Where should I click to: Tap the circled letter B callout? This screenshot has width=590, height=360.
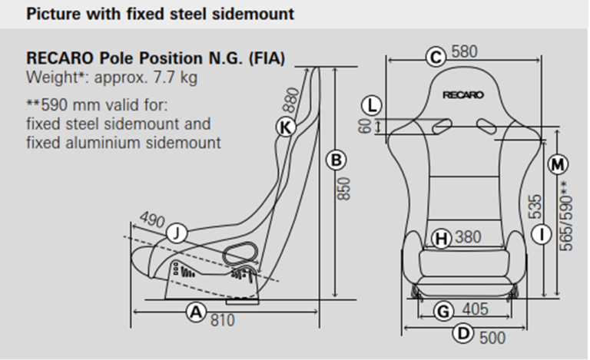pyautogui.click(x=335, y=160)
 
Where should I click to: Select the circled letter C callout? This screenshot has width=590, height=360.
pyautogui.click(x=436, y=57)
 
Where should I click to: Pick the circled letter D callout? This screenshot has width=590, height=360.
pyautogui.click(x=462, y=333)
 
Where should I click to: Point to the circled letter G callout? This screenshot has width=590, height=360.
pyautogui.click(x=442, y=311)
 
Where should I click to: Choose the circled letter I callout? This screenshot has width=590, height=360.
pyautogui.click(x=542, y=234)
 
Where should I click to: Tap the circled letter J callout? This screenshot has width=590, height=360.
pyautogui.click(x=177, y=233)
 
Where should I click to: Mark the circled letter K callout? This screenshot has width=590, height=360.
pyautogui.click(x=286, y=127)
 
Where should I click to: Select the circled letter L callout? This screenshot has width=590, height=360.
pyautogui.click(x=373, y=105)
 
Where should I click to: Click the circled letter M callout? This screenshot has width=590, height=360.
pyautogui.click(x=559, y=163)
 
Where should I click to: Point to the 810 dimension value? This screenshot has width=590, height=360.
pyautogui.click(x=223, y=319)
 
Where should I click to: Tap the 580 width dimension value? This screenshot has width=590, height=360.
pyautogui.click(x=464, y=52)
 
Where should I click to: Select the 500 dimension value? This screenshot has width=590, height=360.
pyautogui.click(x=492, y=337)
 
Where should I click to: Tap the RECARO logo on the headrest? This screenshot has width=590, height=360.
pyautogui.click(x=463, y=95)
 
